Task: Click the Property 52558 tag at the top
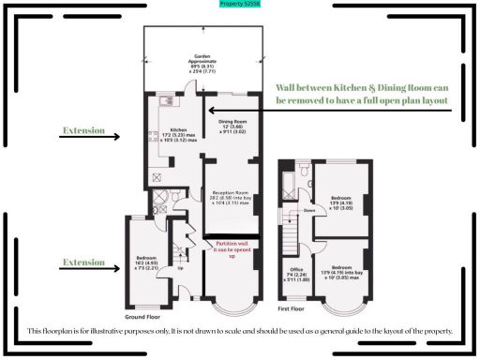click(239, 4)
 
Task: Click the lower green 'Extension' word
click(83, 262)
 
